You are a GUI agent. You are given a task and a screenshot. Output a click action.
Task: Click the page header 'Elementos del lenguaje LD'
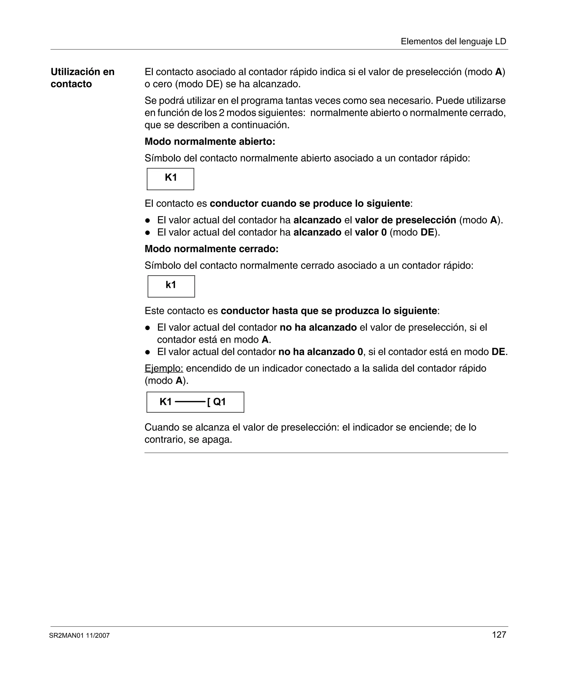click(453, 41)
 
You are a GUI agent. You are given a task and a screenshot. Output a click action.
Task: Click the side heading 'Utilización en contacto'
click(83, 78)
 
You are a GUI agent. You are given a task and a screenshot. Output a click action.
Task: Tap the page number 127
click(499, 635)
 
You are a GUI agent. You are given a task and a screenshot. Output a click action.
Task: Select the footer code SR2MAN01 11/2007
click(79, 635)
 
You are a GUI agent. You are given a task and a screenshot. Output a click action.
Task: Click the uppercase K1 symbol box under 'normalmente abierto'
click(171, 179)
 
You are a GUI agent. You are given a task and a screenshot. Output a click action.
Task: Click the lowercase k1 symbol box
click(171, 286)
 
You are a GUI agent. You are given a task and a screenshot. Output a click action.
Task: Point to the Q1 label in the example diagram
click(219, 402)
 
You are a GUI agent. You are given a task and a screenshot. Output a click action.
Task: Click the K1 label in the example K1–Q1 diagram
click(166, 402)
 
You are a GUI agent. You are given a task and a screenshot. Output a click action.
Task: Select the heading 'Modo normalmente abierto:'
click(210, 142)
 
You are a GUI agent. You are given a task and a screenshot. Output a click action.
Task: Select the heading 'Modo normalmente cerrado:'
click(211, 249)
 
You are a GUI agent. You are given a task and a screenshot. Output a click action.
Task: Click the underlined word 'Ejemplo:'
click(164, 368)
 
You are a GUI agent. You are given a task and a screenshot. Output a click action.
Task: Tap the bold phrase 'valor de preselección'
click(405, 220)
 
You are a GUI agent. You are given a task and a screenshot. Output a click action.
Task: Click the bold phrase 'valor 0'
click(370, 233)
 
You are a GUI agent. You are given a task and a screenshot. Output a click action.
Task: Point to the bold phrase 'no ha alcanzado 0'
click(321, 352)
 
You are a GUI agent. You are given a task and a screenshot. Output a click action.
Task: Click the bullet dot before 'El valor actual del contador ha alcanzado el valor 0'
click(148, 233)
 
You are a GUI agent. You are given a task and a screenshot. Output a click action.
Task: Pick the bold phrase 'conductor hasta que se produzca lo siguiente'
click(329, 311)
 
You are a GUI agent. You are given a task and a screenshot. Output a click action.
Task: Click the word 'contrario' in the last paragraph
click(163, 440)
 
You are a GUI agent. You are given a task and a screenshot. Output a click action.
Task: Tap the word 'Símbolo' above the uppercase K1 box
click(163, 158)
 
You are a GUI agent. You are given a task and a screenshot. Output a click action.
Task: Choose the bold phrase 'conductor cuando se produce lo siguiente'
click(310, 203)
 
